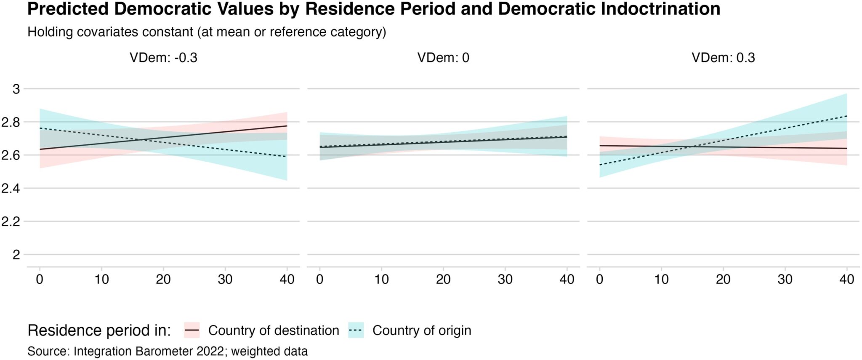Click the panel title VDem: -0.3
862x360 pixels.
pos(163,58)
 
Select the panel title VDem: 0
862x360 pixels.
pos(443,58)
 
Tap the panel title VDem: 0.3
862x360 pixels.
pos(723,58)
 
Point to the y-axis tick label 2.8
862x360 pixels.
pos(11,122)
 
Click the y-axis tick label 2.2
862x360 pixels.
pos(11,221)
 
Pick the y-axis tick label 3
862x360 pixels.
pos(16,89)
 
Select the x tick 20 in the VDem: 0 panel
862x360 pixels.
pos(443,279)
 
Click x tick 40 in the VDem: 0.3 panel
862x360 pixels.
pos(846,279)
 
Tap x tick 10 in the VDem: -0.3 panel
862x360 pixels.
pos(101,279)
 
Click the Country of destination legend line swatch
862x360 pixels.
pos(192,331)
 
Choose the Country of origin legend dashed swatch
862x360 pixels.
pos(356,331)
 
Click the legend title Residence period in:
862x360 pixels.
pos(99,331)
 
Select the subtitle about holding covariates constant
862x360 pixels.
pos(207,32)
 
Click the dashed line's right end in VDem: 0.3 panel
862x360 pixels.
pos(846,116)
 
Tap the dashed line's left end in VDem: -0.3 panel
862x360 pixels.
pos(40,128)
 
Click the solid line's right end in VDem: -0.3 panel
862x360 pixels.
pos(287,126)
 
